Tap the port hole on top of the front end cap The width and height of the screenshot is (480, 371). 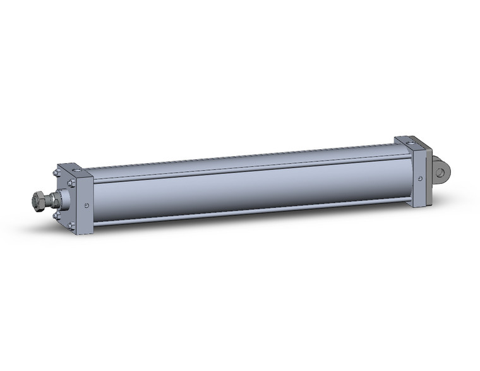tap(76, 170)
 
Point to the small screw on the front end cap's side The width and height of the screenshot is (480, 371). tap(86, 204)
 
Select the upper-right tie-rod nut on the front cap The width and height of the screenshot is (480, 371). tap(72, 183)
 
